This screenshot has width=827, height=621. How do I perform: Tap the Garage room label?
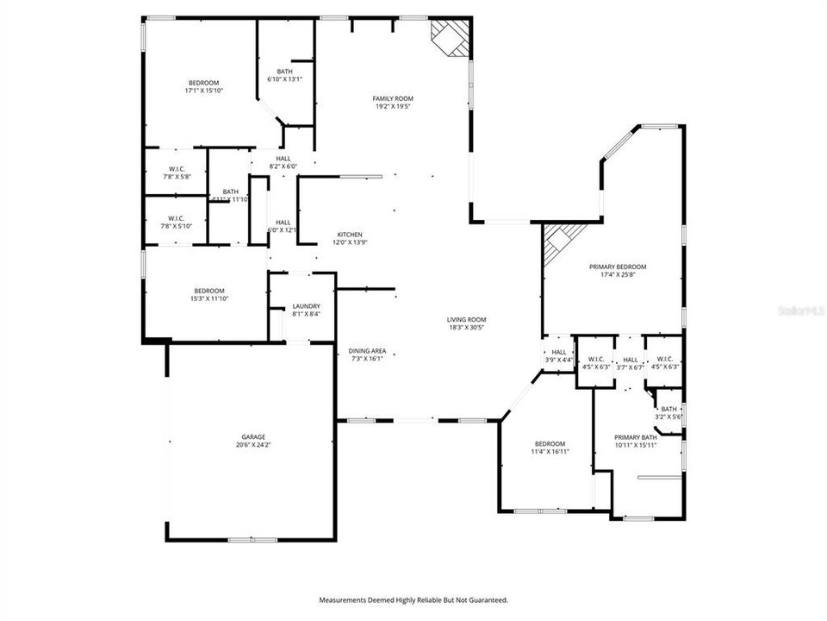[x=253, y=436]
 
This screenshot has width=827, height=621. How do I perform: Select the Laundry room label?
[x=307, y=306]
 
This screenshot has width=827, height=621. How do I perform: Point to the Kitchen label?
[x=349, y=235]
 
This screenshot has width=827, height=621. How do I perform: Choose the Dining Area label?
[x=367, y=351]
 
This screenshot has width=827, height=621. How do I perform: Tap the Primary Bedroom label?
[x=618, y=267]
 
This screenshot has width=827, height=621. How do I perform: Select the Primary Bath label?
[x=636, y=437]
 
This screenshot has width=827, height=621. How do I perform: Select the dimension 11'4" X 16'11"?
[x=550, y=451]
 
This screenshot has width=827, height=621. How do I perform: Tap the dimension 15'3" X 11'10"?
[x=209, y=298]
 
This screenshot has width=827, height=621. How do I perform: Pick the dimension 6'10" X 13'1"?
[x=284, y=79]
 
